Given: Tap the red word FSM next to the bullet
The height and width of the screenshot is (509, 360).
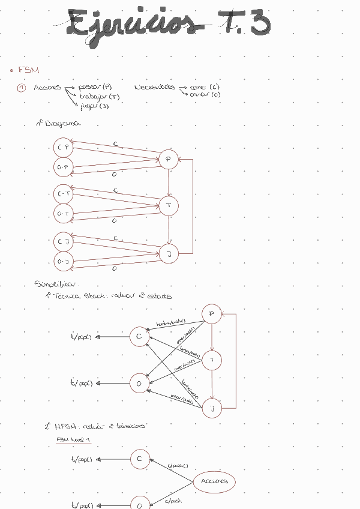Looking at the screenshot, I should pos(28,70).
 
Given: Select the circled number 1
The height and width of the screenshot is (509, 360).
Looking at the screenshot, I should pos(22,88).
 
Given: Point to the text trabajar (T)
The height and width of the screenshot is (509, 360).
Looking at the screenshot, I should pos(99,96).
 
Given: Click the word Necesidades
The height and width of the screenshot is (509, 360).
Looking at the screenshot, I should pos(154,87).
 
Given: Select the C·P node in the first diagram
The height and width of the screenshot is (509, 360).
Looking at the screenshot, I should pos(63,147).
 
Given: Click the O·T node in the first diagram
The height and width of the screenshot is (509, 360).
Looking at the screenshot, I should pos(63,213).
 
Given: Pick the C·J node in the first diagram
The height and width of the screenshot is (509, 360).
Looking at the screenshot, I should pos(63,242).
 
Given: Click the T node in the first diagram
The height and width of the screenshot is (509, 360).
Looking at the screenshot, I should pos(169,206).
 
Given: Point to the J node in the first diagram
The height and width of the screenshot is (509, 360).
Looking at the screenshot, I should pos(169,254).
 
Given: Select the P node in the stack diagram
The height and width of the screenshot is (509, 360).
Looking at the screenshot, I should pos(211,313).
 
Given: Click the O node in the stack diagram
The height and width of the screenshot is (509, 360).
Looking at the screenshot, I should pos(139,383).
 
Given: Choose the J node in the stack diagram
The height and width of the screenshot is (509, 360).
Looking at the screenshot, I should pos(211,409).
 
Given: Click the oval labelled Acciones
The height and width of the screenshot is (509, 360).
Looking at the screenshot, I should pos(214,481).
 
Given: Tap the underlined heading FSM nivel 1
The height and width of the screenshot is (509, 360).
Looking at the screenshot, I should pos(72,439).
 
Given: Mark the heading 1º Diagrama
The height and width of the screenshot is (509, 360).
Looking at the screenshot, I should pos(58,123).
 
